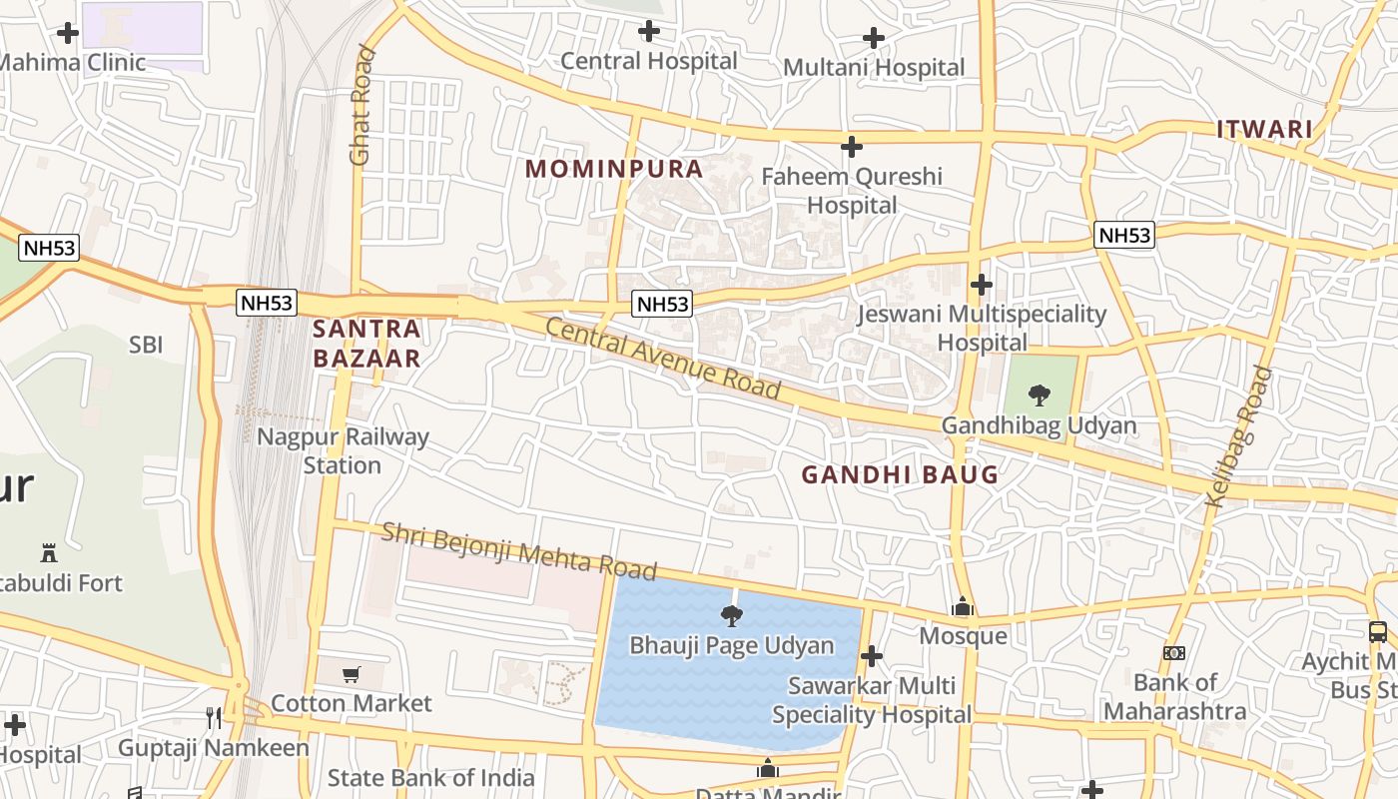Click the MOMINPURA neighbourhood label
pyautogui.click(x=614, y=169)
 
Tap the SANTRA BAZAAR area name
pyautogui.click(x=366, y=343)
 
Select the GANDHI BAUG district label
pyautogui.click(x=900, y=475)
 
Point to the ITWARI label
pyautogui.click(x=1263, y=130)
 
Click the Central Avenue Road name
pyautogui.click(x=662, y=358)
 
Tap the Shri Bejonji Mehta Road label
pyautogui.click(x=519, y=549)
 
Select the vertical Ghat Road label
pyautogui.click(x=360, y=105)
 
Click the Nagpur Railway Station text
pyautogui.click(x=343, y=450)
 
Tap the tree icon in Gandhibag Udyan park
pyautogui.click(x=1039, y=395)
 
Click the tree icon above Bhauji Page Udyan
pyautogui.click(x=731, y=615)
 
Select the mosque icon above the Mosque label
pyautogui.click(x=963, y=606)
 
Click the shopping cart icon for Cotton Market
pyautogui.click(x=350, y=674)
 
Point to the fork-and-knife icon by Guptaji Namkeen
pyautogui.click(x=213, y=717)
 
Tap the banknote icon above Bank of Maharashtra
pyautogui.click(x=1173, y=653)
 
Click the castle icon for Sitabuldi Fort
pyautogui.click(x=47, y=552)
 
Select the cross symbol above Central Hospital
pyautogui.click(x=649, y=32)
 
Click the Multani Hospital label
pyautogui.click(x=874, y=68)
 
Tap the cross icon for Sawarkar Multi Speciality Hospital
pyautogui.click(x=871, y=656)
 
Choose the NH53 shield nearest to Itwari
pyautogui.click(x=1124, y=236)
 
